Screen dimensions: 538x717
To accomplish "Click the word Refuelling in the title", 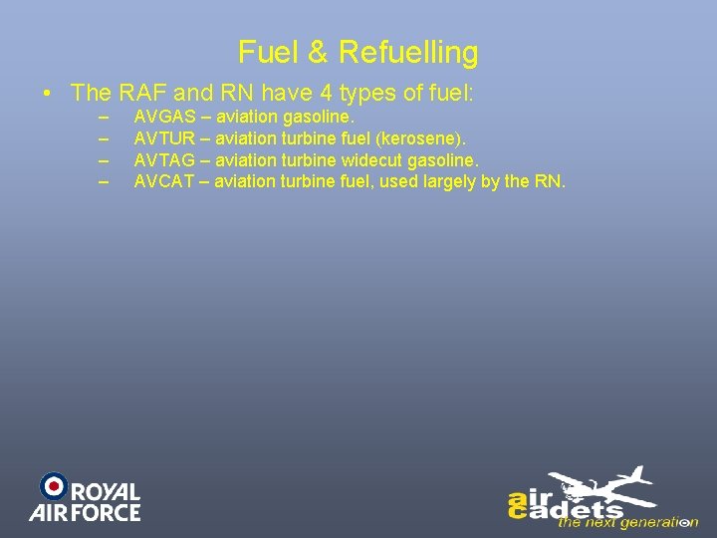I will pos(408,52).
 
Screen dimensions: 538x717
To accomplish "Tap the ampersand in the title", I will pos(317,52).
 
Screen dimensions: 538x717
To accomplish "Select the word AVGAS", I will pos(164,118).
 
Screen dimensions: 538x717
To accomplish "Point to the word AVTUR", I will pos(164,138).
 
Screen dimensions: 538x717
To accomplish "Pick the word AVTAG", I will pos(164,159).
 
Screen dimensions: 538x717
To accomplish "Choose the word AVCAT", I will pos(164,180).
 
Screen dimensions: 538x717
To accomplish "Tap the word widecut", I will pos(373,159).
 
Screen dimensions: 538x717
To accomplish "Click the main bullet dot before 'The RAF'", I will pos(48,95).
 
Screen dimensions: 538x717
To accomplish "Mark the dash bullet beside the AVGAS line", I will pos(103,118).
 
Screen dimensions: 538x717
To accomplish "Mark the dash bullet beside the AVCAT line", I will pos(103,180).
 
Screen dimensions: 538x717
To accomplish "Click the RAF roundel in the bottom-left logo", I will pos(53,486).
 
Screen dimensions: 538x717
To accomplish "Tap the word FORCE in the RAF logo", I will pos(106,512).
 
